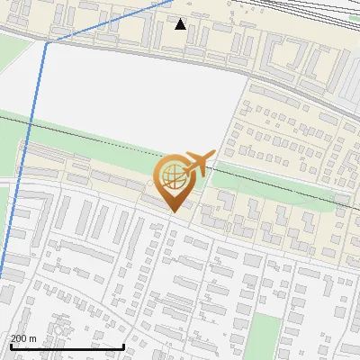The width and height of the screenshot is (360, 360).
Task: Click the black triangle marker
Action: click(x=181, y=24)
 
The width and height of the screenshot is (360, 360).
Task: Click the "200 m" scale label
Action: click(x=23, y=338)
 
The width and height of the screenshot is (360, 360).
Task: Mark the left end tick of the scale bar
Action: click(x=10, y=345)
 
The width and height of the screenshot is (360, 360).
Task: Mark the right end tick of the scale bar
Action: click(x=123, y=345)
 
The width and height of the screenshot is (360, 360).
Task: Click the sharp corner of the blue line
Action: click(x=47, y=41)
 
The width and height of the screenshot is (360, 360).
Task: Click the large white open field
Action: click(x=135, y=90)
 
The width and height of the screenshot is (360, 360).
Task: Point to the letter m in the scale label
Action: click(x=32, y=338)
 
